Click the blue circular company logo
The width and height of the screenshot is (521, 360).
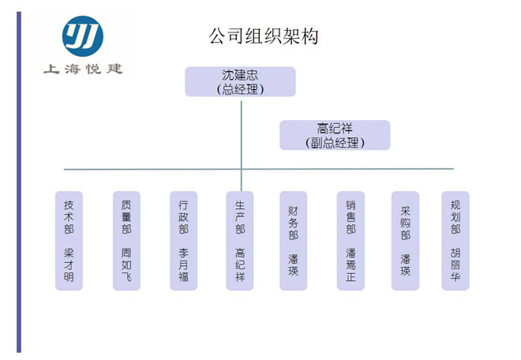(x=83, y=36)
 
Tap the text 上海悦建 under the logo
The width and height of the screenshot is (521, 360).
(x=83, y=69)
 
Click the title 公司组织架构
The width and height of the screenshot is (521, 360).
(x=264, y=36)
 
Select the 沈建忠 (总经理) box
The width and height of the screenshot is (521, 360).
(x=240, y=82)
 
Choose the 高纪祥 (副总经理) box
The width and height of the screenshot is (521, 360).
(x=335, y=135)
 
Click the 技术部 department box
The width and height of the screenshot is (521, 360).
(x=69, y=241)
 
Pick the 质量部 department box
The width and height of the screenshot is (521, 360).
(x=126, y=241)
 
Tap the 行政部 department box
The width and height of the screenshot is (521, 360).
(x=183, y=241)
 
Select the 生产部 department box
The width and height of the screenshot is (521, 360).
(x=240, y=241)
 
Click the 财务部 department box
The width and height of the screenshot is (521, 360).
(x=293, y=241)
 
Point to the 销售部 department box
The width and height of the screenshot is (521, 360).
(x=350, y=241)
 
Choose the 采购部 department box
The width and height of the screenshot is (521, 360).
(x=406, y=241)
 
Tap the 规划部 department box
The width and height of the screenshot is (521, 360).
(x=455, y=241)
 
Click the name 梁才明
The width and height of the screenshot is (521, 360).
(x=69, y=265)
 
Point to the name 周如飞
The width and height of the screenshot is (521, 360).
(x=126, y=265)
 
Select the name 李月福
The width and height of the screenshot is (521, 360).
(x=183, y=265)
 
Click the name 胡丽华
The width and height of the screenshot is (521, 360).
(x=455, y=265)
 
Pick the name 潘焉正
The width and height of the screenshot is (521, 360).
(x=350, y=265)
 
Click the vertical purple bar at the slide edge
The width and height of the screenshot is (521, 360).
(x=19, y=182)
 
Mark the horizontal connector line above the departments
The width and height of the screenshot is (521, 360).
(x=259, y=169)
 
